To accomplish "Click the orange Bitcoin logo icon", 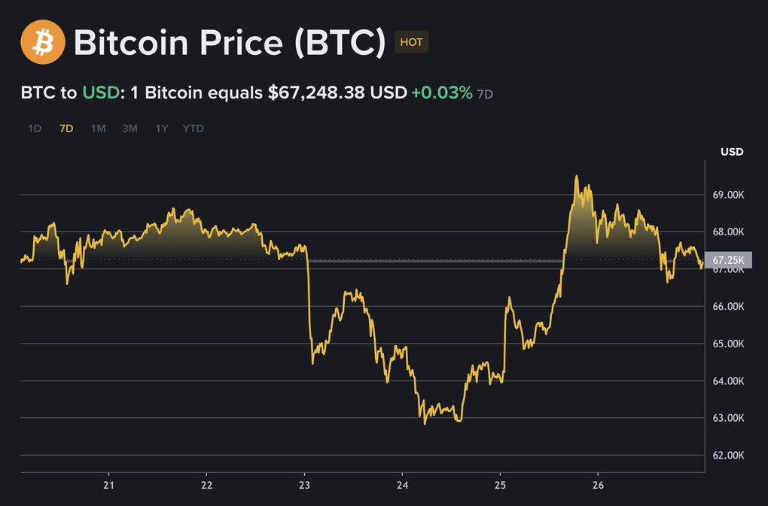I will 43,41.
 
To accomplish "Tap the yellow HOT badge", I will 411,42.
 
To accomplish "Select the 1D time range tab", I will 35,129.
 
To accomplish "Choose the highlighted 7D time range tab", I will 66,129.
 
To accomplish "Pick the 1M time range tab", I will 98,129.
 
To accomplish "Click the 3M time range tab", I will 130,129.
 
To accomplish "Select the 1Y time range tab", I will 161,129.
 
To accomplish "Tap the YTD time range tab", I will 194,129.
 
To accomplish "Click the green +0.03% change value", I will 441,92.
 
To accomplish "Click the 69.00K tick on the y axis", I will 728,195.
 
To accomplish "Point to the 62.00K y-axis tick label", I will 728,455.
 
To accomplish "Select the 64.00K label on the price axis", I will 728,381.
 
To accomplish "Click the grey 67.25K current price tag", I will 729,260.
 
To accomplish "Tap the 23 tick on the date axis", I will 304,484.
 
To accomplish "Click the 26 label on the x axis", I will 599,484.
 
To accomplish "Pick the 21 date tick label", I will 109,484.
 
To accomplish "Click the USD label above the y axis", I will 732,152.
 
